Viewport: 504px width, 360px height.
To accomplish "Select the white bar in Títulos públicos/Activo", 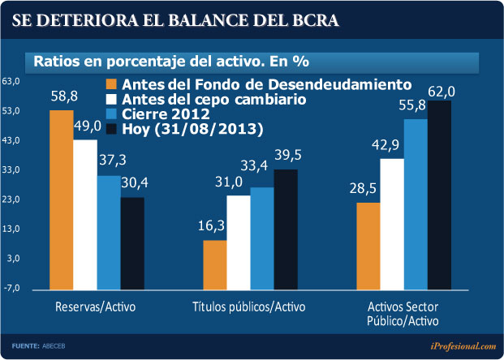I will pyautogui.click(x=239, y=242).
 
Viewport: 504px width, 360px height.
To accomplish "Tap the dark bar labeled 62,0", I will pyautogui.click(x=439, y=195).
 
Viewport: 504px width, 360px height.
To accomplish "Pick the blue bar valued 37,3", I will pyautogui.click(x=109, y=231).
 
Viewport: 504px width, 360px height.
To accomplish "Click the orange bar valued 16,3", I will pyautogui.click(x=215, y=264).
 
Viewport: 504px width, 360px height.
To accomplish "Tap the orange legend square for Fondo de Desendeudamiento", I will pyautogui.click(x=112, y=84).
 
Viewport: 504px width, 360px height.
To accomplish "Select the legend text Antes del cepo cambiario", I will pyautogui.click(x=214, y=99).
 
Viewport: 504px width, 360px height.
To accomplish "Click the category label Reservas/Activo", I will pyautogui.click(x=95, y=309).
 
